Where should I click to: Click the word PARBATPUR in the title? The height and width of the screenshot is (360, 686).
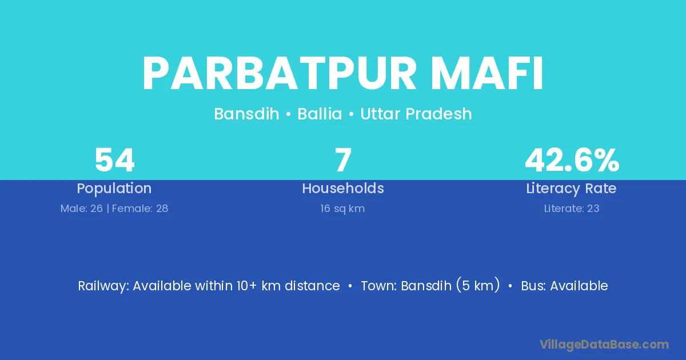tap(280, 74)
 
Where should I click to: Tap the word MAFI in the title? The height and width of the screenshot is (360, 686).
tap(488, 74)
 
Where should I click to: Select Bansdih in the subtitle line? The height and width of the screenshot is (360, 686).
tap(246, 114)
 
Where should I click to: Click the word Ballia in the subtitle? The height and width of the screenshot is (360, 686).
tap(320, 114)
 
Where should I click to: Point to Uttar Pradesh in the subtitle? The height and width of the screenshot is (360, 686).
tap(416, 114)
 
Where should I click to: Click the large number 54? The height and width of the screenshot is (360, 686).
tap(114, 160)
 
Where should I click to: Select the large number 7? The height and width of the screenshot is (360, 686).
tap(343, 160)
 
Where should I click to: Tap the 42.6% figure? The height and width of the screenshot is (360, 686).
tap(572, 160)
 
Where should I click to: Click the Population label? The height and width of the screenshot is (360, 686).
tap(114, 189)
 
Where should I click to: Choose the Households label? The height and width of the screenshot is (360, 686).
tap(343, 188)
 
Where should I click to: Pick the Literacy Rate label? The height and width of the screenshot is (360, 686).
tap(572, 189)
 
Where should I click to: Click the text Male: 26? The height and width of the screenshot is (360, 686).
tap(82, 209)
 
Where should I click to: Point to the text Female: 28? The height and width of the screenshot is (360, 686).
tap(140, 209)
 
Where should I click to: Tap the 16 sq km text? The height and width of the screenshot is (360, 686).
tap(342, 209)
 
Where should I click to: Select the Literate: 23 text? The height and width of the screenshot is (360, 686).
tap(572, 209)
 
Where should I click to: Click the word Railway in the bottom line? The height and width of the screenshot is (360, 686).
tap(104, 286)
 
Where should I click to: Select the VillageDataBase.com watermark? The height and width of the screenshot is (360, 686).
tap(604, 345)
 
